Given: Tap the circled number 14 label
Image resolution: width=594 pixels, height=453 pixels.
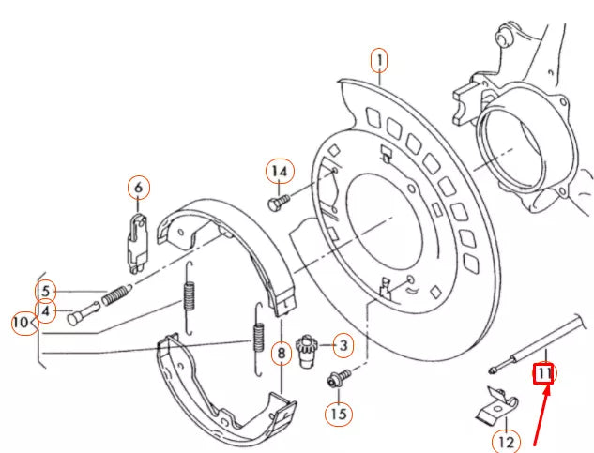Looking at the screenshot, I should [x=279, y=172].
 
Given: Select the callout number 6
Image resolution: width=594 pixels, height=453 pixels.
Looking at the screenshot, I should [x=138, y=189].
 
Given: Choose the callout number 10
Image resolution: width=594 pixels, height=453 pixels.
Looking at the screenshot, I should [x=22, y=324].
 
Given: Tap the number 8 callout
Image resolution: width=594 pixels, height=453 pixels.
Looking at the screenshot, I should [x=280, y=354].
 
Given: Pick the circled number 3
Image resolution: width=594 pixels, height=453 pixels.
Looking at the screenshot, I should [x=343, y=346].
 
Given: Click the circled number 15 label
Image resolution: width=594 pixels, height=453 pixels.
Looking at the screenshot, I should [x=338, y=411].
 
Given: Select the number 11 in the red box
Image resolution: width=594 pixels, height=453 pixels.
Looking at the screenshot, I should [x=545, y=374].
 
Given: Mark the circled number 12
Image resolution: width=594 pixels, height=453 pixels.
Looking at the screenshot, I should [x=506, y=440].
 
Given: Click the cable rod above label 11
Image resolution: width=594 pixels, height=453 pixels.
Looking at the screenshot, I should [x=544, y=340].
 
